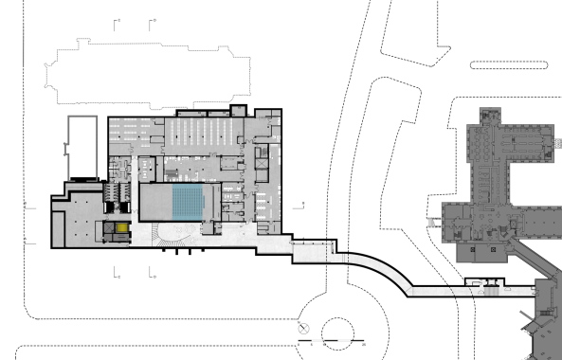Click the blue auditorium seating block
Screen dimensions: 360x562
pyautogui.click(x=187, y=203)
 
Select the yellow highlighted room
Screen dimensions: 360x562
pyautogui.click(x=120, y=228)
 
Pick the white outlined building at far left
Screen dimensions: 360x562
pyautogui.click(x=82, y=148)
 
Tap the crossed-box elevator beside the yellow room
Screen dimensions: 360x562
pyautogui.click(x=108, y=228)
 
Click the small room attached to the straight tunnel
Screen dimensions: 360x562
pyautogui.click(x=492, y=281)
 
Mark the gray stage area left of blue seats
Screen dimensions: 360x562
pyautogui.click(x=154, y=203)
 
